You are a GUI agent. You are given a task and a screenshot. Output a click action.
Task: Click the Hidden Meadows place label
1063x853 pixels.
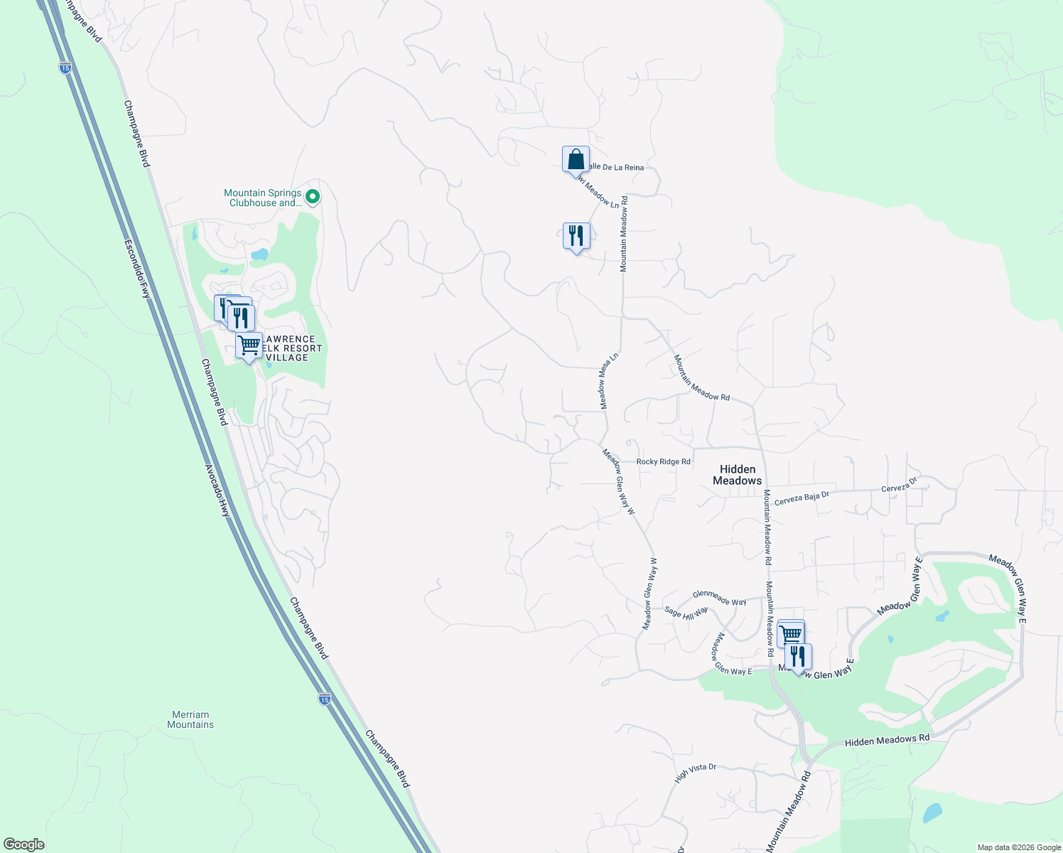[x=737, y=475]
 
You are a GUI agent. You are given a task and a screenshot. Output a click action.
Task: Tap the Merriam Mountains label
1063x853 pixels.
[x=190, y=719]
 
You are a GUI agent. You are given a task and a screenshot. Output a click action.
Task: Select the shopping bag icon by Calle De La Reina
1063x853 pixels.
[x=576, y=160]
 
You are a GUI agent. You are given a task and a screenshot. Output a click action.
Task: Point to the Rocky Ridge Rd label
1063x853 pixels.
[x=663, y=462]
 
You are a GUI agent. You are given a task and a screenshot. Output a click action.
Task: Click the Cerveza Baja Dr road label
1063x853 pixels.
[x=802, y=498]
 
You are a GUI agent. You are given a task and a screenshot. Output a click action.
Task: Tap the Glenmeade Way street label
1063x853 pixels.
[x=719, y=598]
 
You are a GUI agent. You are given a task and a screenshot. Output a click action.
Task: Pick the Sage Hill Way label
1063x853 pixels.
[x=686, y=612]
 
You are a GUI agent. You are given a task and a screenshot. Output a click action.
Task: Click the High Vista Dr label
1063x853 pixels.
[x=695, y=773]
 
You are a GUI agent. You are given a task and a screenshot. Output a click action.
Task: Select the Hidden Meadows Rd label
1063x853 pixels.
[x=887, y=740]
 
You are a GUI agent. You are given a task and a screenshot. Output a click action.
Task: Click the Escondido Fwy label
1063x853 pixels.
[x=138, y=268]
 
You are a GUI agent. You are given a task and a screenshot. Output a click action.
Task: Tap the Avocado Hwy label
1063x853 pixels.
[x=217, y=490]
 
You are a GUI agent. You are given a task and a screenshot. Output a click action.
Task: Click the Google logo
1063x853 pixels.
[x=24, y=844]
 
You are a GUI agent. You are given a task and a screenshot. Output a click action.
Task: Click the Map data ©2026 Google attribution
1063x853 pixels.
[x=1019, y=847]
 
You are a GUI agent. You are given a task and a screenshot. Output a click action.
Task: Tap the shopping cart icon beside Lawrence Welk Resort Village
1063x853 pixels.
[x=249, y=345]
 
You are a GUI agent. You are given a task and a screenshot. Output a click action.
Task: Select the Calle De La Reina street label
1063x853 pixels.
[x=615, y=168]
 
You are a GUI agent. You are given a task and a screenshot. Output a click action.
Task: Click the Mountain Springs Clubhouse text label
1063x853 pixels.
[x=262, y=198]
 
